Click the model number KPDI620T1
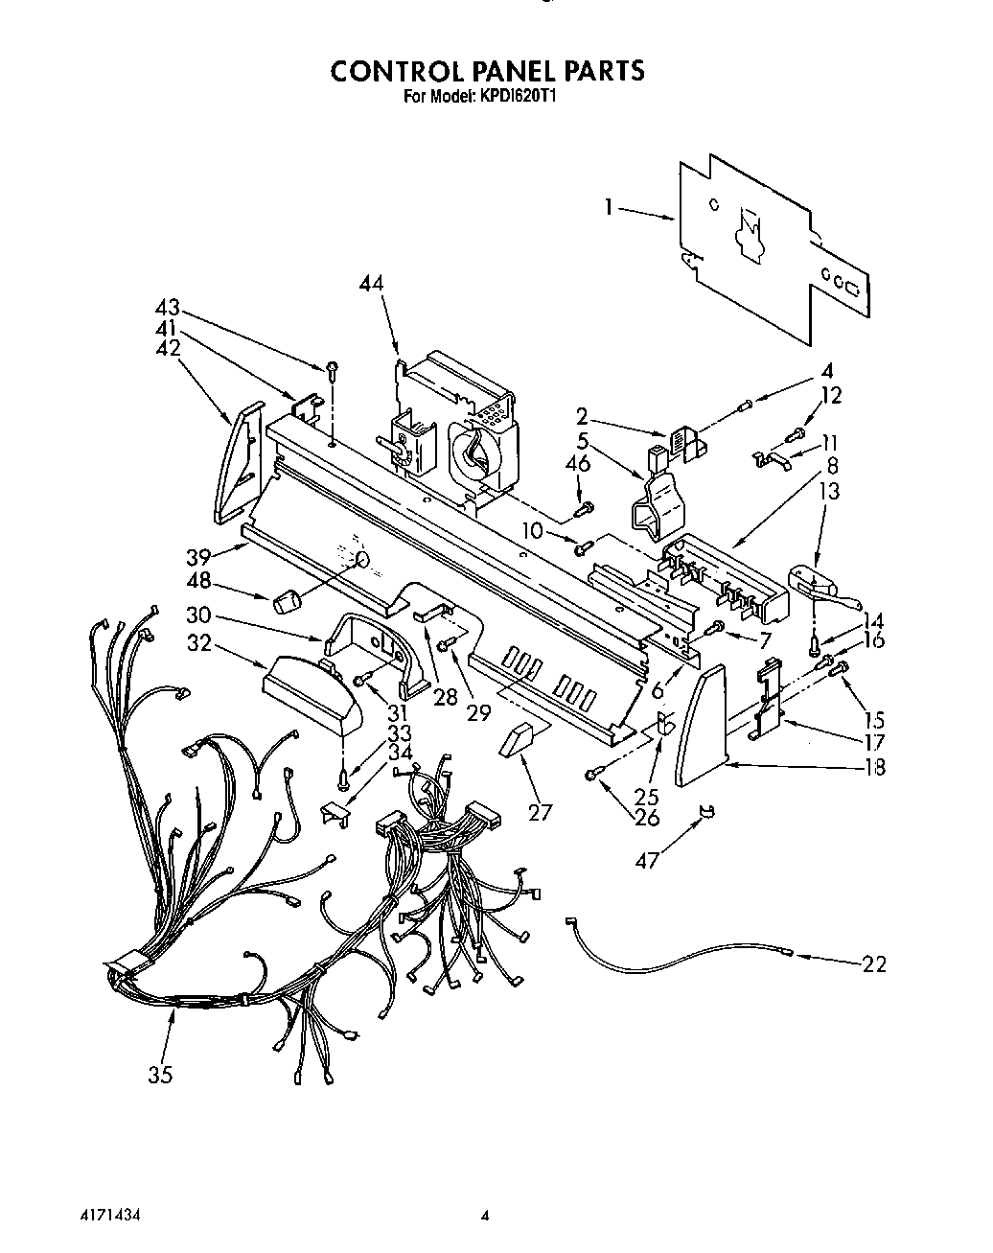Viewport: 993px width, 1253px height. point(525,96)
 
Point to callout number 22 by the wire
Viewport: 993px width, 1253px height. point(873,963)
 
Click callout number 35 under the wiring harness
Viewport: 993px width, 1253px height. point(161,1075)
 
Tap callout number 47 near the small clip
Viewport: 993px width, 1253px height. point(649,860)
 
